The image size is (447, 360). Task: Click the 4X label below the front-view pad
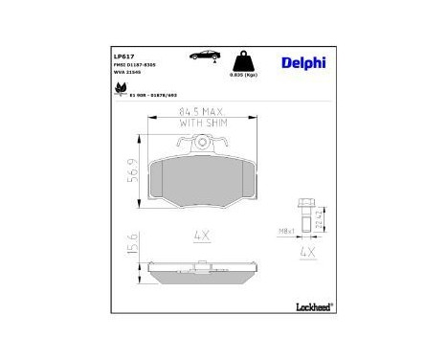pos(200,234)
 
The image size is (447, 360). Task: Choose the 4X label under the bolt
pos(307,252)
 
